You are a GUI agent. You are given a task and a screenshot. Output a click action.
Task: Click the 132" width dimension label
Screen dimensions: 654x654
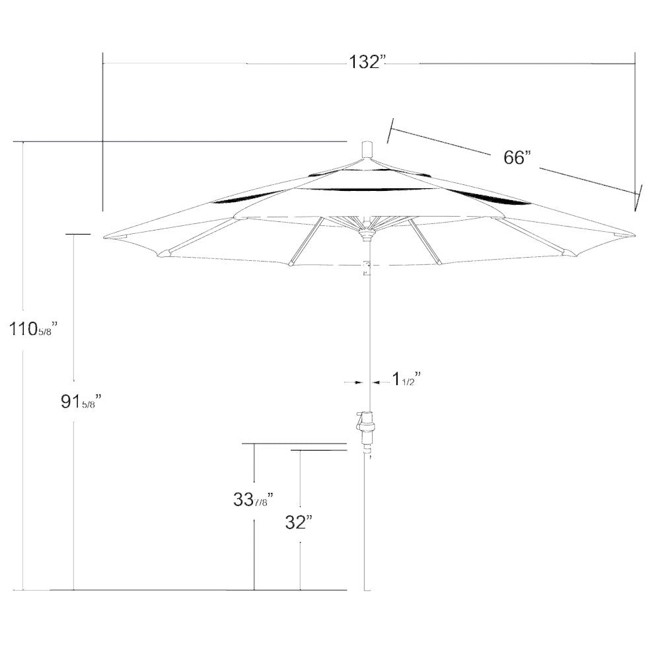[x=367, y=63]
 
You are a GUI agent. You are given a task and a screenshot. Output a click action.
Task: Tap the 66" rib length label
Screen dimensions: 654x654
[x=517, y=158]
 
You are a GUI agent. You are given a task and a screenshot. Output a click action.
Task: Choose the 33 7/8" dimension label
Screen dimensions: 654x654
[x=253, y=500]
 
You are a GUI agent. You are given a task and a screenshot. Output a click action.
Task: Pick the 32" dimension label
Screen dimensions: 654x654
[x=299, y=523]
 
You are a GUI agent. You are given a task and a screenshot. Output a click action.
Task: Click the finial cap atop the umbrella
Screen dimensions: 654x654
[x=367, y=149]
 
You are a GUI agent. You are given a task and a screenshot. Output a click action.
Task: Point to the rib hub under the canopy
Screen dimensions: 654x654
[x=367, y=231]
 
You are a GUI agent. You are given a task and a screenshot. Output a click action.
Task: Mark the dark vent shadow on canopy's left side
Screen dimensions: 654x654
[x=241, y=198]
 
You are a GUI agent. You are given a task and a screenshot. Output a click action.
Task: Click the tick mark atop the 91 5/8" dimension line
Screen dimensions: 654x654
[x=77, y=233]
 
